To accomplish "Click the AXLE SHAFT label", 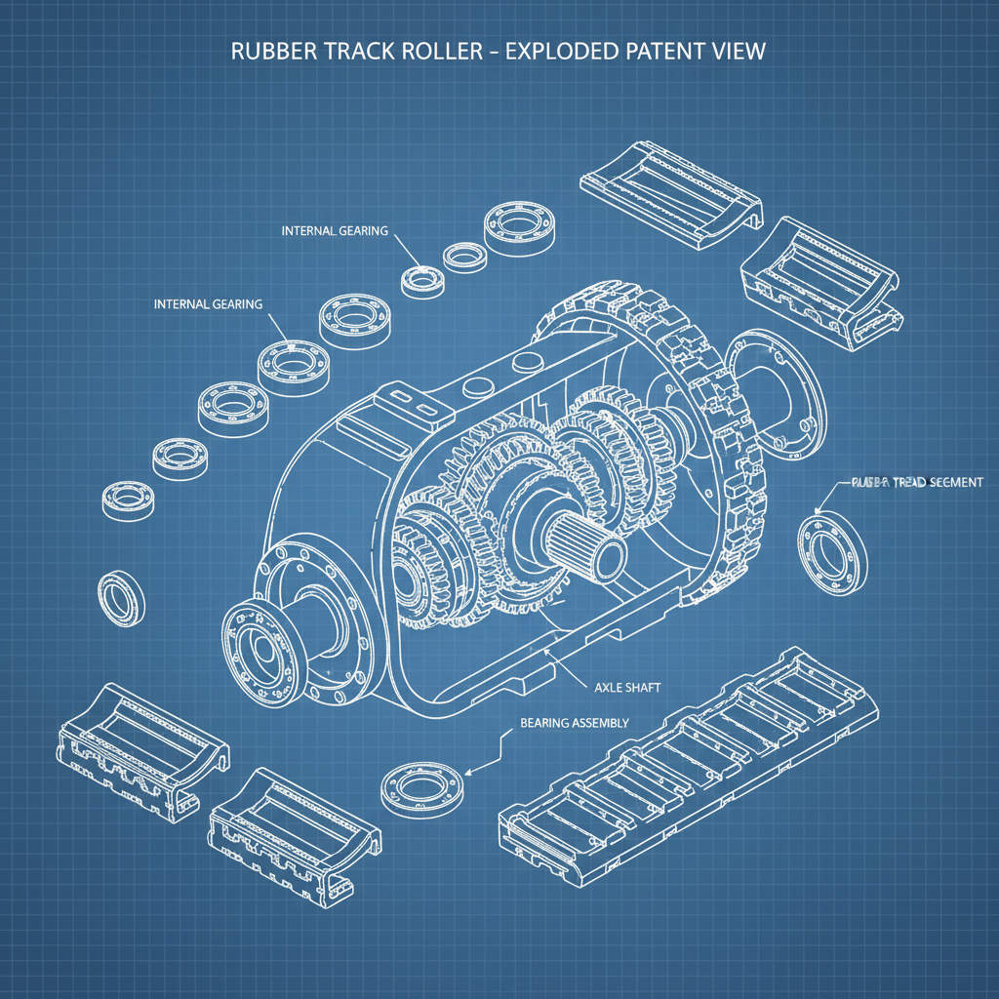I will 627,688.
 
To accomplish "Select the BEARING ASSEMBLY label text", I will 574,723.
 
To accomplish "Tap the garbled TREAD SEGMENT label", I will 916,483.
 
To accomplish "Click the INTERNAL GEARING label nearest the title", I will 335,231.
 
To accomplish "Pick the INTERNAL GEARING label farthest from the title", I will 208,304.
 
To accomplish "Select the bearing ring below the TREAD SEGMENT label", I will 832,552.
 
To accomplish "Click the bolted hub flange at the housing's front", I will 261,651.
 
